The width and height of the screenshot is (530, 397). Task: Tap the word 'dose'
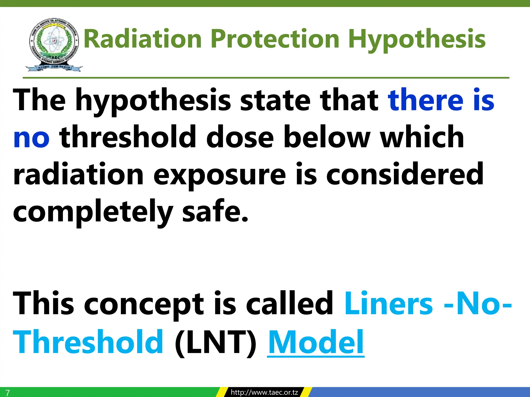240,137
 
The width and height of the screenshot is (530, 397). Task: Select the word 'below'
326,137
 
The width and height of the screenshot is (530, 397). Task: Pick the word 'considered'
405,174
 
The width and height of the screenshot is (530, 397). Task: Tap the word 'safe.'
215,211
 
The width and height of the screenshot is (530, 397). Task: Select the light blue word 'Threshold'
88,341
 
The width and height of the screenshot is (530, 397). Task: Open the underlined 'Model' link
315,342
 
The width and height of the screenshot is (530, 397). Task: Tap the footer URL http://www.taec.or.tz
264,392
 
